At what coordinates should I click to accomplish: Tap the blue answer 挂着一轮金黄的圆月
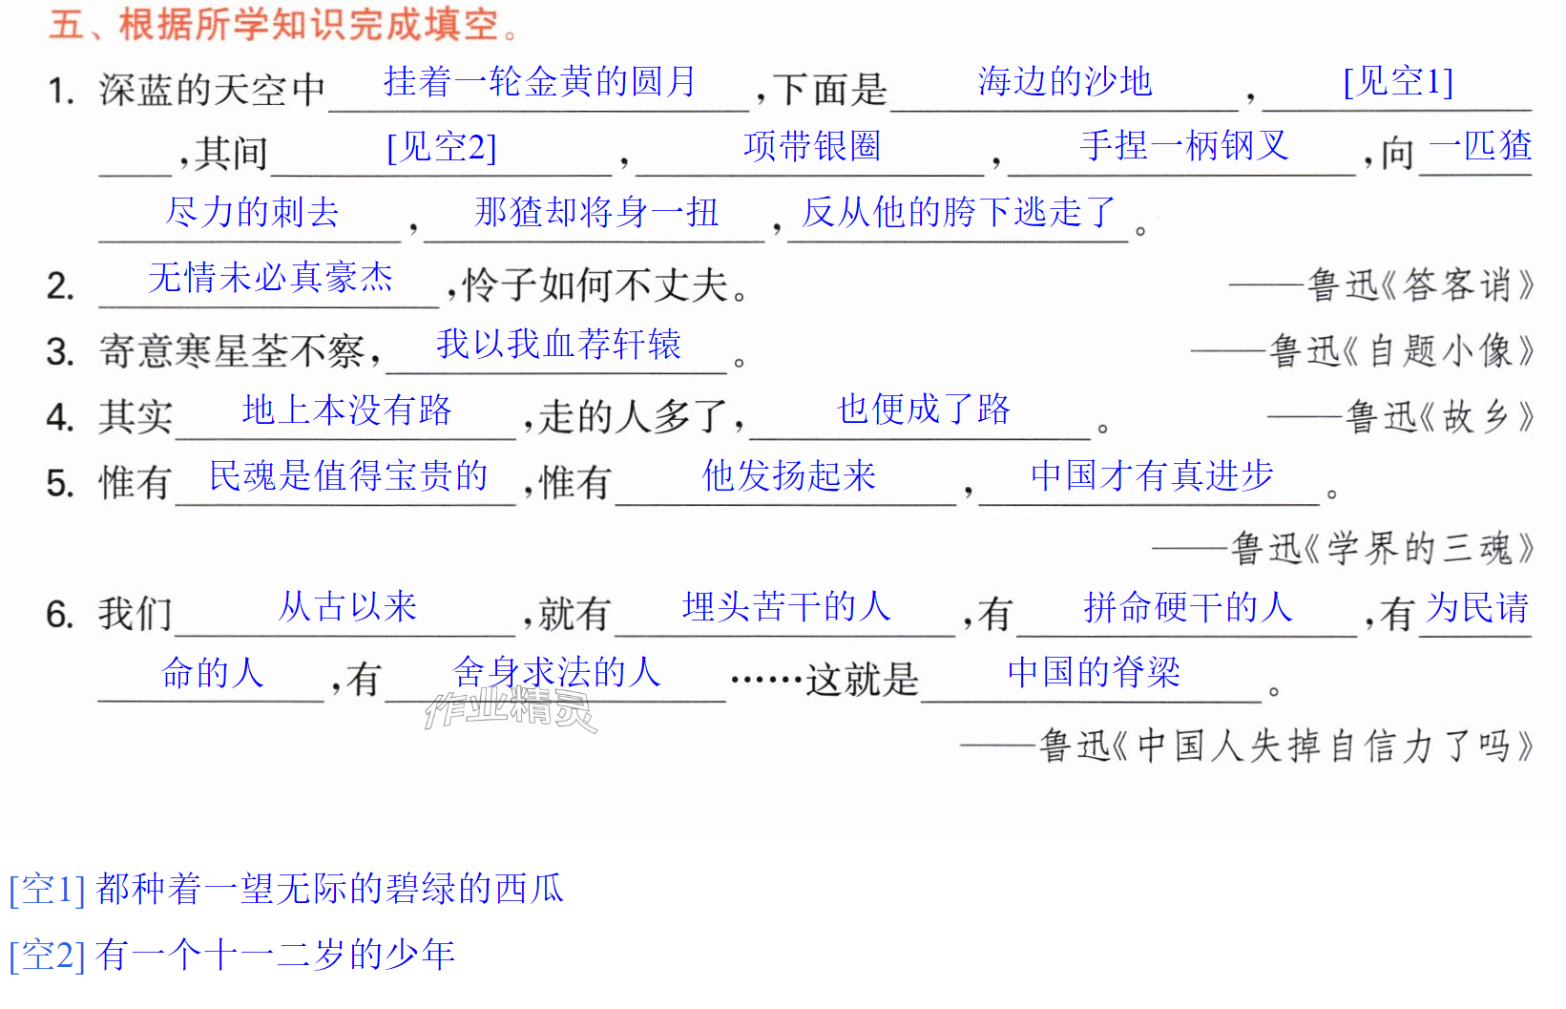click(540, 81)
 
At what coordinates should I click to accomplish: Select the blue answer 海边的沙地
click(1065, 81)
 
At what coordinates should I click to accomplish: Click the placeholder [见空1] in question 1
click(1398, 81)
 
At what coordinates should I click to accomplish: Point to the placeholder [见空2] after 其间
click(442, 147)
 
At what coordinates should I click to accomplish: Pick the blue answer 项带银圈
click(812, 146)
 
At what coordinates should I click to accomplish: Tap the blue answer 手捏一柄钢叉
click(1184, 146)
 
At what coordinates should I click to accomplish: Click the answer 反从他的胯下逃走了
click(958, 212)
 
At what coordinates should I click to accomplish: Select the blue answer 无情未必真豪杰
click(271, 278)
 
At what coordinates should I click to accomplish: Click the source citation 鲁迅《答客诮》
click(1420, 285)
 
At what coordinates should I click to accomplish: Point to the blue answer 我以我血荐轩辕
click(558, 344)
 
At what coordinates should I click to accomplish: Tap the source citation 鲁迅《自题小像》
click(1401, 351)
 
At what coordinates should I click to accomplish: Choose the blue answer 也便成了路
click(924, 410)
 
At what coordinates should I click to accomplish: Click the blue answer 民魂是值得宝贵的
click(348, 475)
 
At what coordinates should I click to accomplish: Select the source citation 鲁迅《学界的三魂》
click(1382, 548)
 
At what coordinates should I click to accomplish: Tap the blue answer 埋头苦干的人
click(786, 606)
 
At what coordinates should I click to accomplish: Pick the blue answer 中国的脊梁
click(1094, 672)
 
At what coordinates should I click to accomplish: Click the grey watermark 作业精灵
click(512, 709)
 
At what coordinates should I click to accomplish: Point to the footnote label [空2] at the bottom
click(48, 956)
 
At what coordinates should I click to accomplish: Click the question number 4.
click(61, 417)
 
